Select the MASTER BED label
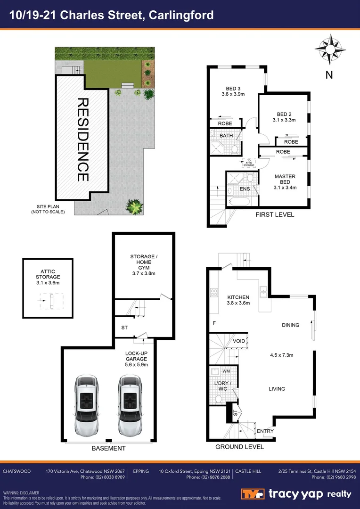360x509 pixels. click(285, 180)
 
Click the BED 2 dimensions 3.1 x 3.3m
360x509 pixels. click(284, 120)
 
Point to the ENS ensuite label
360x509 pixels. click(245, 189)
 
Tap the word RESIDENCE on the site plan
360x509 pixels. click(82, 140)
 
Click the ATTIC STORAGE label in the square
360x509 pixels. click(48, 274)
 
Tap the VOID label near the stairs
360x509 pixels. click(238, 341)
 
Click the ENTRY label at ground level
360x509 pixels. click(265, 431)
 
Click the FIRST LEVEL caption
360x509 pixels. click(275, 215)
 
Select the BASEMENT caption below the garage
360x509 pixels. click(108, 448)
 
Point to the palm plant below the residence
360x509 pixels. click(134, 206)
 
